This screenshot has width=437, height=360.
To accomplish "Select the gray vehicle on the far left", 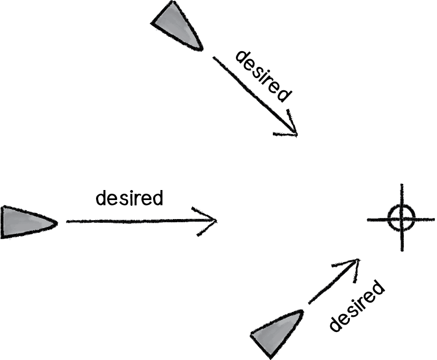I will point(24,222).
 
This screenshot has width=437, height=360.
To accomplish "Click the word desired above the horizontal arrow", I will point(129,198).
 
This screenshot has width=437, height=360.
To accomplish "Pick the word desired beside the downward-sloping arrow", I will point(263,76).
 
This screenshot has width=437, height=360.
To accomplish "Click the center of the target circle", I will point(400,219).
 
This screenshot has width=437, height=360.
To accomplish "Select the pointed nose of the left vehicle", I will point(56,222).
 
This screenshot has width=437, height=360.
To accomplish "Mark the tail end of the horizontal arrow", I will point(67,222).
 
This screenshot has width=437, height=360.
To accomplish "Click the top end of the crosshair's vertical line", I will point(402,185).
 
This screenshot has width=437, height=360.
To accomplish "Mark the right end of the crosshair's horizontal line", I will point(434,219).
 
